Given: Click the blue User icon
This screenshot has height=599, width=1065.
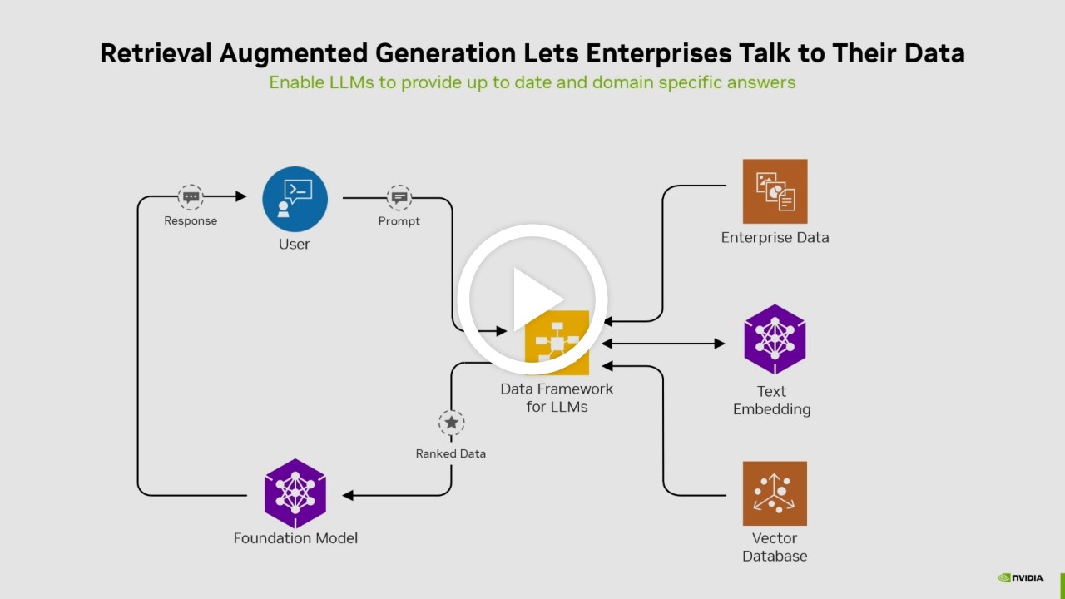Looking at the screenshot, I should [x=295, y=200].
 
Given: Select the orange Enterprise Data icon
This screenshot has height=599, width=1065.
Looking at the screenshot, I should [x=775, y=191].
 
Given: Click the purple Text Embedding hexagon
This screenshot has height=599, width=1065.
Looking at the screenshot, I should [x=775, y=339].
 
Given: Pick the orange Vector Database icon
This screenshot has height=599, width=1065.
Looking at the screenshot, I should [x=775, y=493].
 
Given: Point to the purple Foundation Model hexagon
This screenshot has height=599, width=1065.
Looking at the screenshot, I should [x=295, y=493].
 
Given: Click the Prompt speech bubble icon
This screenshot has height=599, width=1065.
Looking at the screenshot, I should [x=399, y=198].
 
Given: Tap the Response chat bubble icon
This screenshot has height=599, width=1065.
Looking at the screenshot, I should [x=191, y=197].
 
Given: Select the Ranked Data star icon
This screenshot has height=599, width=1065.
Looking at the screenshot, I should [x=451, y=423].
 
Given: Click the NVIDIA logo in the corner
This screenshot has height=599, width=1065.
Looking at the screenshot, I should [x=1020, y=577].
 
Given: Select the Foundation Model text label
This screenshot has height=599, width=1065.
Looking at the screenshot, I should [x=295, y=538].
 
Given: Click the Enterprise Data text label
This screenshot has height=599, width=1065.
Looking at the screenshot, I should [x=775, y=238].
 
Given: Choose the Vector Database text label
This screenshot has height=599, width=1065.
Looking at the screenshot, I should [x=775, y=547].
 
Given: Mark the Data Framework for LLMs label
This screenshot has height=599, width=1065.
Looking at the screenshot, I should [x=557, y=398].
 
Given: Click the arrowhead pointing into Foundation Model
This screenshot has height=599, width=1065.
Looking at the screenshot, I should [x=348, y=495].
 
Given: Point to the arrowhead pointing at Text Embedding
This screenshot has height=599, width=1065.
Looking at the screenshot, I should [x=720, y=344].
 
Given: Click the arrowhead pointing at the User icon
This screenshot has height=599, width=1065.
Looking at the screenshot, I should [x=241, y=196].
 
